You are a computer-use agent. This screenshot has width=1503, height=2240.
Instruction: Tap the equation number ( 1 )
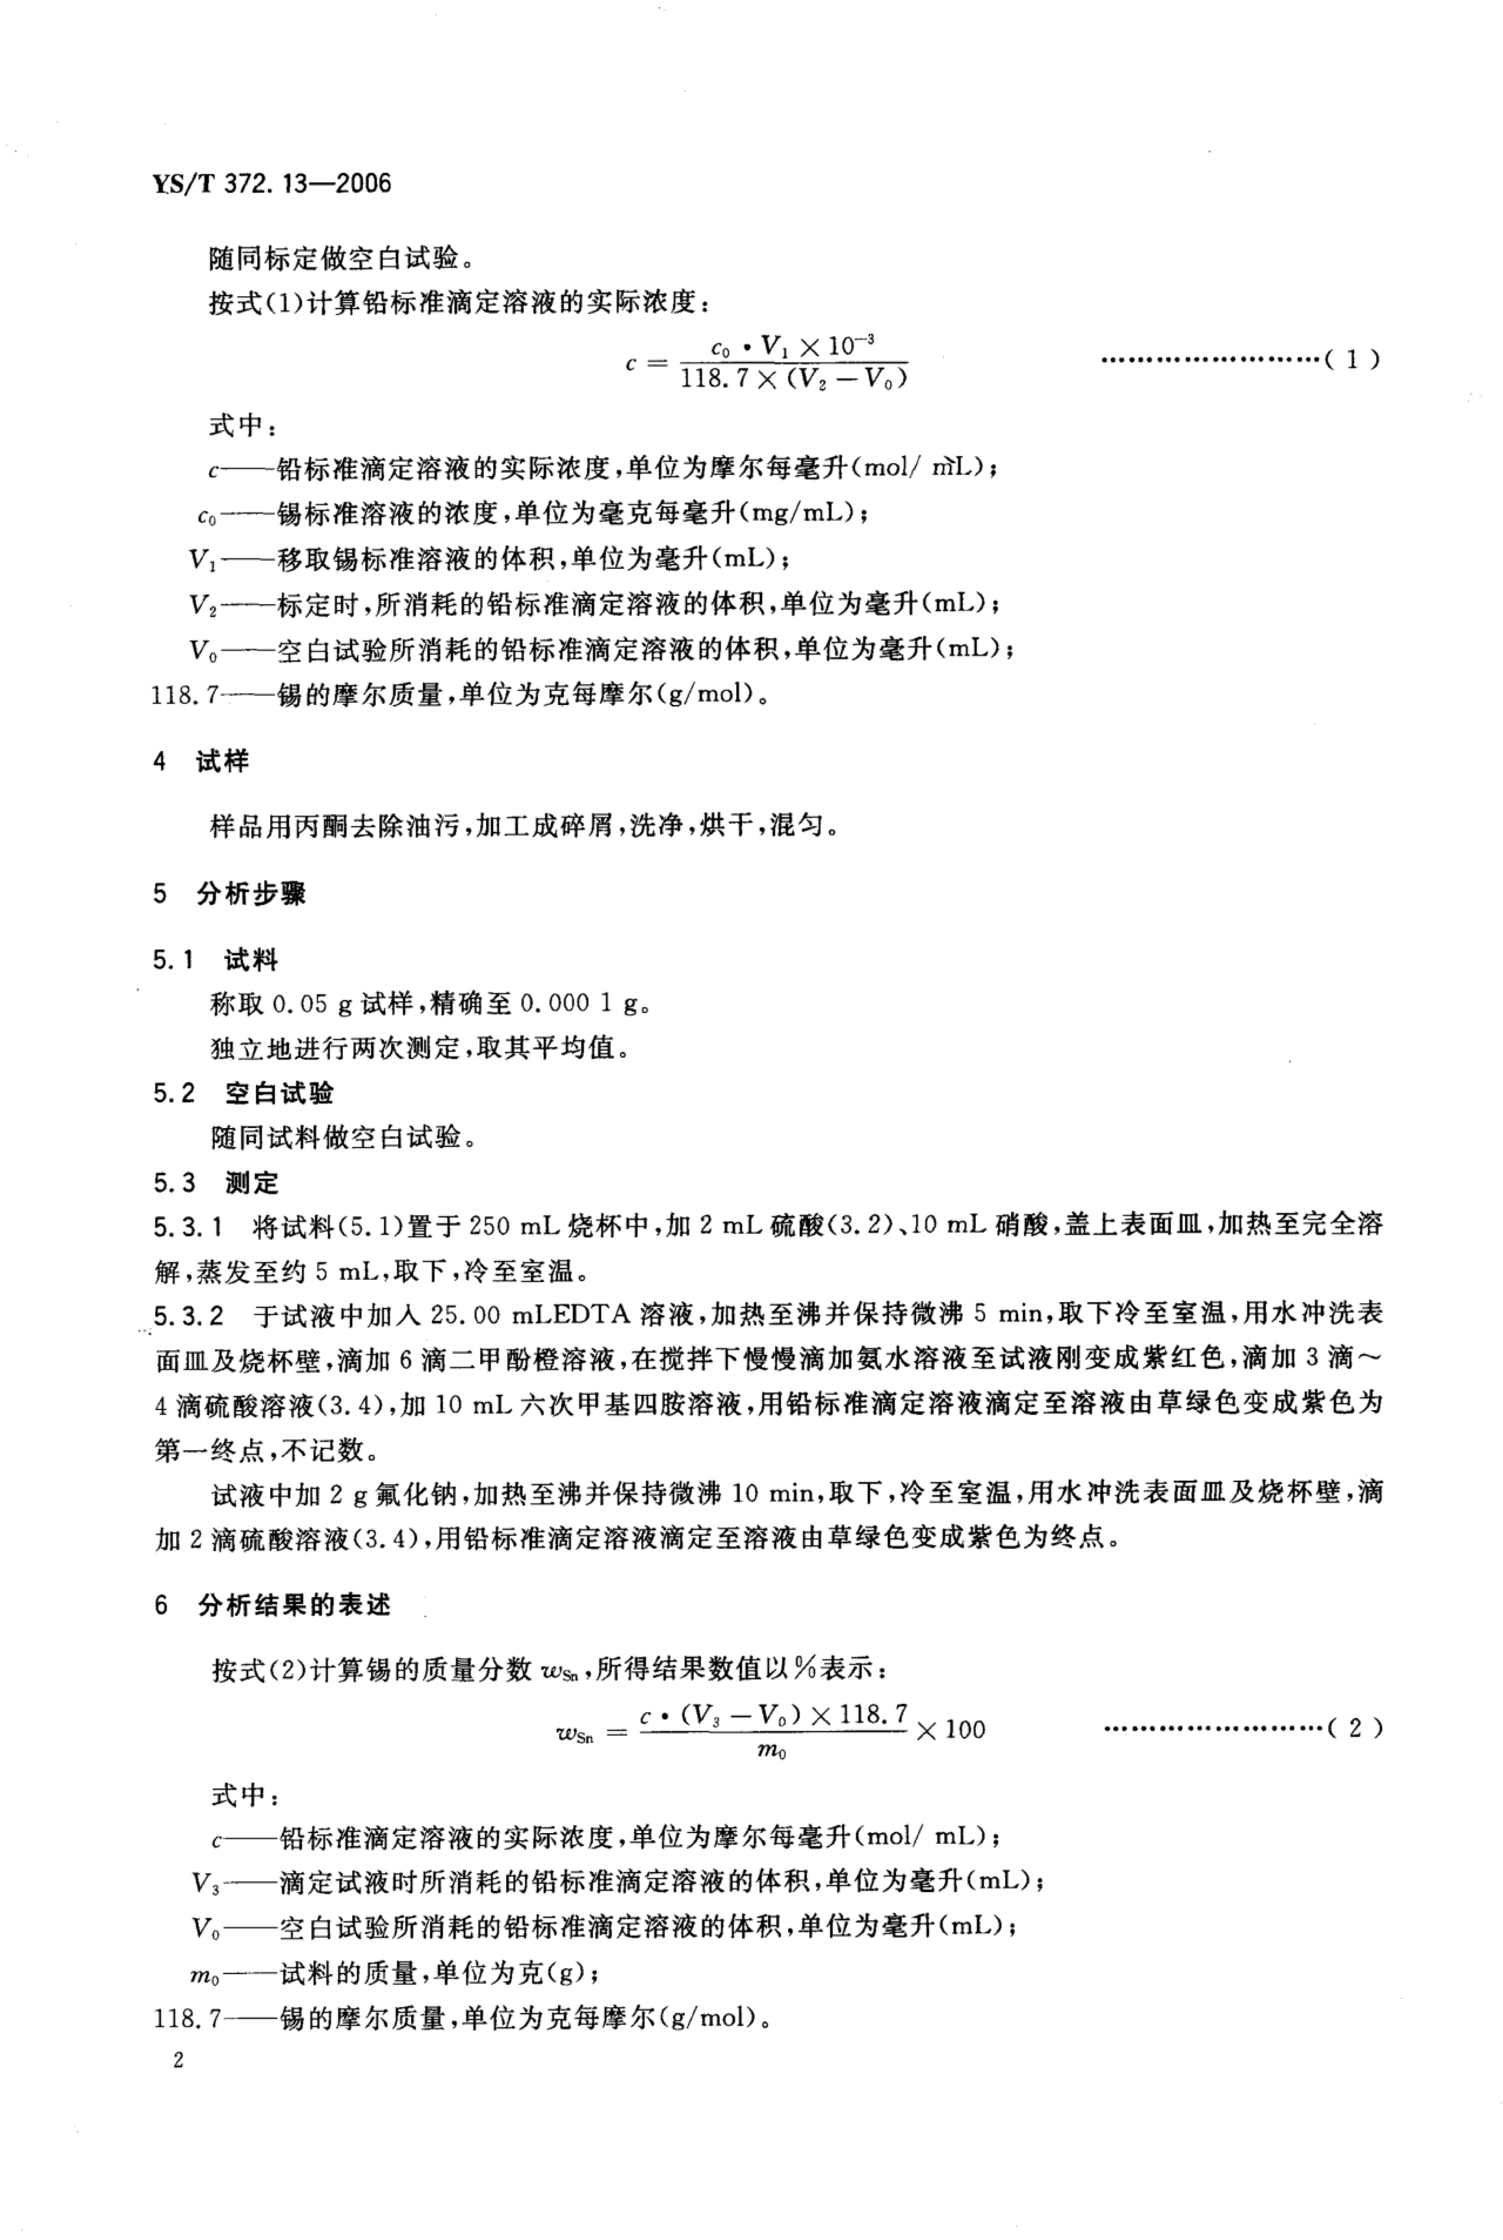coord(1352,360)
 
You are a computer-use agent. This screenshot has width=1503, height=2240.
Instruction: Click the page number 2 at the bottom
coord(177,2062)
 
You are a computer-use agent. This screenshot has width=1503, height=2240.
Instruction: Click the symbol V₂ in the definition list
coord(203,605)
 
